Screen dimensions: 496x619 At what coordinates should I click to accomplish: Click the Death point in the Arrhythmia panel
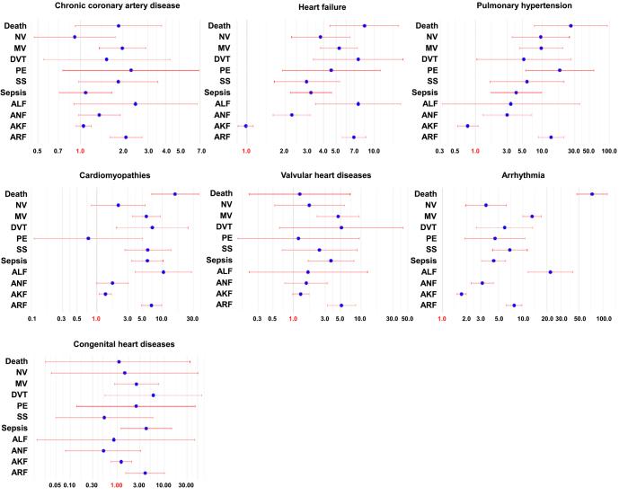pos(592,194)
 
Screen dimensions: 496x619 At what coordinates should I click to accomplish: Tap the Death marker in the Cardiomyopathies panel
pos(174,194)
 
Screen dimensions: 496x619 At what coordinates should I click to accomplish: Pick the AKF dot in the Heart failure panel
pos(245,126)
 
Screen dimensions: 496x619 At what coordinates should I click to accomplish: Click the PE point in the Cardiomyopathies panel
pos(88,238)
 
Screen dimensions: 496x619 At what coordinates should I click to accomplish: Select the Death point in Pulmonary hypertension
pos(570,26)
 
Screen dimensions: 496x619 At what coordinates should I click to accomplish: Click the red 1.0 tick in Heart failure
pos(245,151)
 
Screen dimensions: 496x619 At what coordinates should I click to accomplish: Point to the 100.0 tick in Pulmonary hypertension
pos(608,151)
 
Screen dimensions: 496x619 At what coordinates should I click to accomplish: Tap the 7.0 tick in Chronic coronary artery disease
pos(199,151)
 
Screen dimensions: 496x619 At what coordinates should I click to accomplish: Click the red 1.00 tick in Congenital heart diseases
pos(115,486)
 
